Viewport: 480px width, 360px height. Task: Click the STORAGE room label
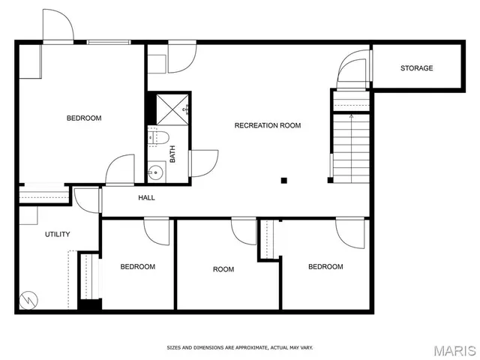click(416, 68)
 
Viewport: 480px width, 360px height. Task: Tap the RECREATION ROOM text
click(268, 125)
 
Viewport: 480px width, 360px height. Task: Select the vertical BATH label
click(172, 154)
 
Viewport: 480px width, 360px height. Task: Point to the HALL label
click(146, 198)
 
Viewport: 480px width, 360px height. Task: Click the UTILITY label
click(57, 234)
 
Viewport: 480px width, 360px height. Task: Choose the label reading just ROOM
click(223, 269)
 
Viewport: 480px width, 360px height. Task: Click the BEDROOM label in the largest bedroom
click(84, 118)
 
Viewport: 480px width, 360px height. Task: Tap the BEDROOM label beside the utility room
click(138, 267)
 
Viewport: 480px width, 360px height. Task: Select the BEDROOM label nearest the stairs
click(325, 267)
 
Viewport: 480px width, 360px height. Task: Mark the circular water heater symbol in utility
click(28, 299)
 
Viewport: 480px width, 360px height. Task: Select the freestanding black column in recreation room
click(283, 180)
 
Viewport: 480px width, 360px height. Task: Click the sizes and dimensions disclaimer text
click(239, 347)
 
